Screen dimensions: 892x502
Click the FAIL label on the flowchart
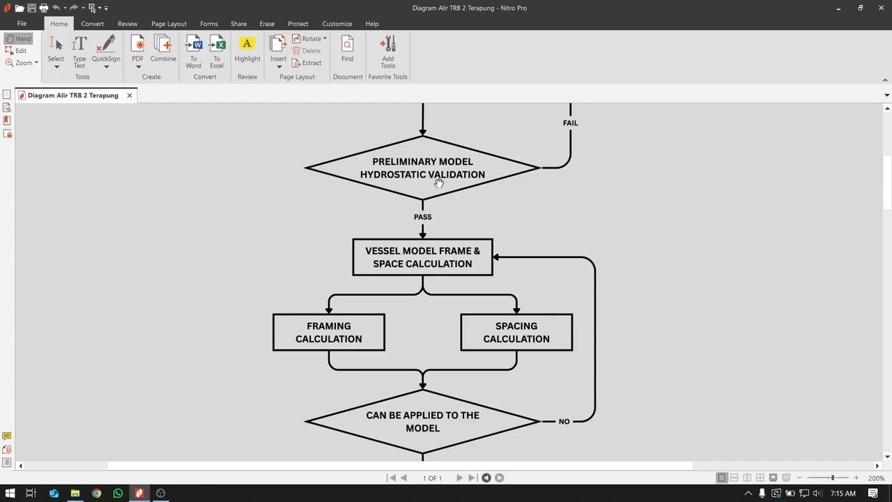[x=570, y=123]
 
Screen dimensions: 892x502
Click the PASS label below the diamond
[x=422, y=217]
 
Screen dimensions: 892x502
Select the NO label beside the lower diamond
[x=564, y=422]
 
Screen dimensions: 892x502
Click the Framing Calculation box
[x=328, y=333]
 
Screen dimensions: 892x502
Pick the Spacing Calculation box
[x=516, y=333]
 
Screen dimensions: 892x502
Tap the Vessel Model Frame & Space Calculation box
[x=422, y=257]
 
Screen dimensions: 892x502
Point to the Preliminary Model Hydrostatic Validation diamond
[x=422, y=168]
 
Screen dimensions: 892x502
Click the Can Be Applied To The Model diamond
[x=422, y=422]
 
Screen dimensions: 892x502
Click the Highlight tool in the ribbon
[x=247, y=50]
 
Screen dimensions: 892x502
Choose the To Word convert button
[x=194, y=52]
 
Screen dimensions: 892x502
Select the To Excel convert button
[x=217, y=52]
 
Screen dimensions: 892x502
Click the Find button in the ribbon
[x=347, y=50]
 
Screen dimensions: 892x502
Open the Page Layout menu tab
[x=169, y=24]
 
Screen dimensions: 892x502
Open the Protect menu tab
[x=298, y=24]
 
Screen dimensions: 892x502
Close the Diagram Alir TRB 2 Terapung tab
[x=130, y=96]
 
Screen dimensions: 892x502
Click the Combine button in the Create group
[x=163, y=50]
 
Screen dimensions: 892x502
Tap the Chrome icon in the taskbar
[x=96, y=493]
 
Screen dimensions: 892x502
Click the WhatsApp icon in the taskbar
[x=118, y=493]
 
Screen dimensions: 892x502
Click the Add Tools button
[x=388, y=52]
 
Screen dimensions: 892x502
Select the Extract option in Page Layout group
[x=307, y=63]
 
